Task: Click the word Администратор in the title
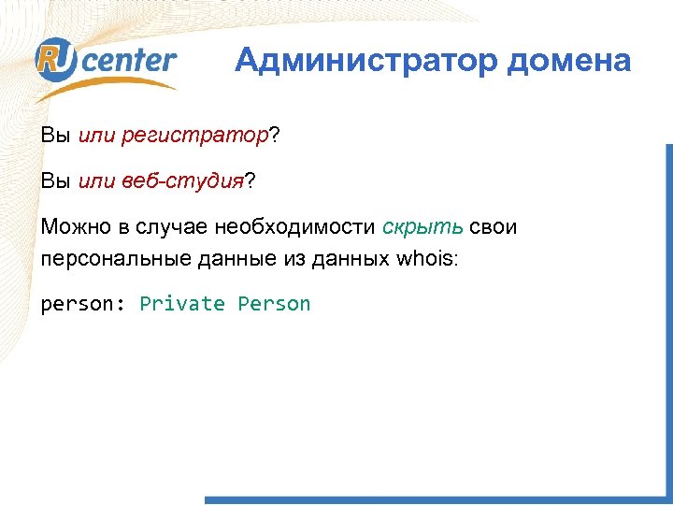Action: click(365, 62)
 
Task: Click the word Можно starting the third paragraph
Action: click(72, 227)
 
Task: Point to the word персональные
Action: click(115, 258)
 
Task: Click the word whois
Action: click(426, 258)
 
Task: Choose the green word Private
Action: click(182, 304)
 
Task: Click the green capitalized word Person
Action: click(274, 304)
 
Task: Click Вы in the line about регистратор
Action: click(55, 137)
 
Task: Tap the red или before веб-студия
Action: click(96, 181)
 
